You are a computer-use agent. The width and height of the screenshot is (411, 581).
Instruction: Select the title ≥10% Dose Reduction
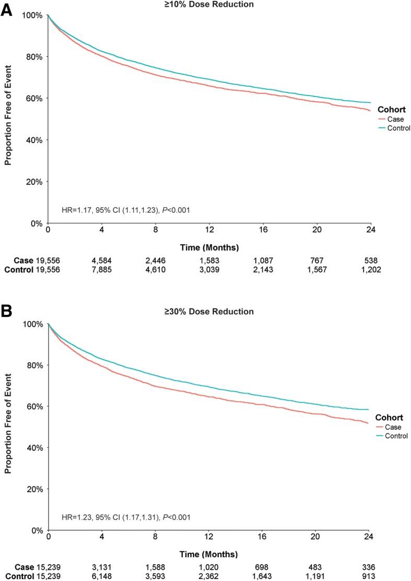(x=208, y=4)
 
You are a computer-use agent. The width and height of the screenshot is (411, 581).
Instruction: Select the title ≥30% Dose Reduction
(x=208, y=312)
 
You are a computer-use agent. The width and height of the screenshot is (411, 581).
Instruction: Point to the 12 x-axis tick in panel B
(x=208, y=537)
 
